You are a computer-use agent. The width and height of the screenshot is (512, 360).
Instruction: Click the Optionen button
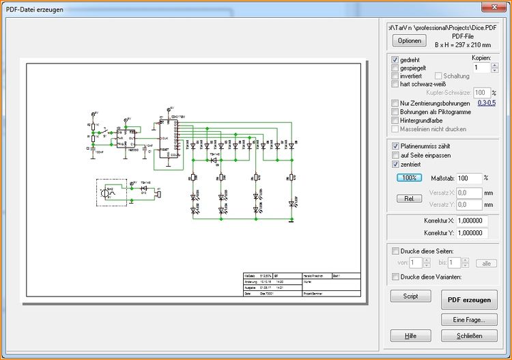click(410, 41)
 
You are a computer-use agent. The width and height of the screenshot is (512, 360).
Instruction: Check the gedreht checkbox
click(395, 60)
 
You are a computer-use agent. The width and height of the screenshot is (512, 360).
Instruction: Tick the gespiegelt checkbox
click(395, 68)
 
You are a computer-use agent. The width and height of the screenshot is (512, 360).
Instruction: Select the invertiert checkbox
click(395, 77)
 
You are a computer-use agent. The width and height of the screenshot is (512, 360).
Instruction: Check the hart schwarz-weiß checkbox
click(395, 85)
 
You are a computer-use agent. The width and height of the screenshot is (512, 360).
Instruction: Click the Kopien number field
click(481, 68)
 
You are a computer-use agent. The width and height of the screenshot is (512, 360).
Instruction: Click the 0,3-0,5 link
click(487, 102)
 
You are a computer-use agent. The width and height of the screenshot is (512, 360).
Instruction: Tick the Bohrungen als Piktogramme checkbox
click(395, 112)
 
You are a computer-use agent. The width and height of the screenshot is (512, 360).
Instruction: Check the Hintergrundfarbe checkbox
click(395, 120)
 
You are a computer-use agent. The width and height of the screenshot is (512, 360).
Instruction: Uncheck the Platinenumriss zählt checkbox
click(395, 146)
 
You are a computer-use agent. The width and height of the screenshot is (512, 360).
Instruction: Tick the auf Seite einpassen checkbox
click(395, 155)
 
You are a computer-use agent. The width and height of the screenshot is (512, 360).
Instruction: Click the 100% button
click(410, 178)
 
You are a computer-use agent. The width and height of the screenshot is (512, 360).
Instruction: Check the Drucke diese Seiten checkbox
click(395, 250)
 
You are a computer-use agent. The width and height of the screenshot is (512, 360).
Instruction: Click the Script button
click(410, 296)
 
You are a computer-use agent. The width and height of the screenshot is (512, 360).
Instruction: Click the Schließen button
click(469, 335)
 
